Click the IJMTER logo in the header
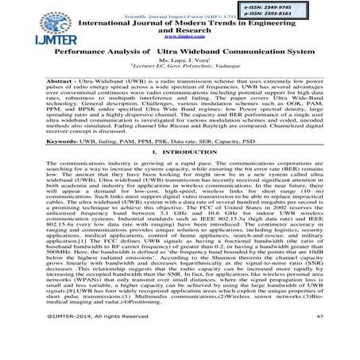pyautogui.click(x=30, y=31)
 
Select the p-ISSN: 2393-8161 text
pyautogui.click(x=317, y=14)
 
